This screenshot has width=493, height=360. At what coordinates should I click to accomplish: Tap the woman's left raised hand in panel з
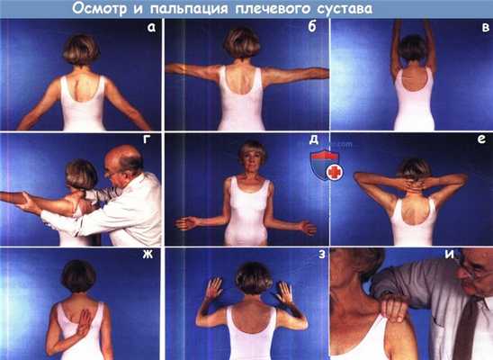point(213,290)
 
